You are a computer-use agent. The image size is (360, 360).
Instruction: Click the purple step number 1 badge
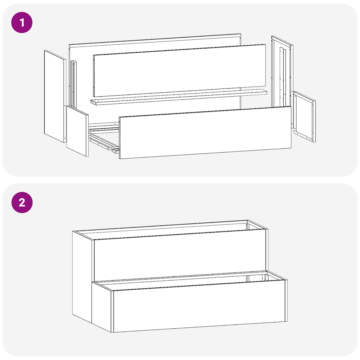coord(22,23)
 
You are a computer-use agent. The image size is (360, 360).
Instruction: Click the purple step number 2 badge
coord(22,202)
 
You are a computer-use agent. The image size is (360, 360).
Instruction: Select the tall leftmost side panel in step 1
coord(54,97)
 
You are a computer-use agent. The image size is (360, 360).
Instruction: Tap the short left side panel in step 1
coord(77,131)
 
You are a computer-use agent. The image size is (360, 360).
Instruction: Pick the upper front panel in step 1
coord(179,70)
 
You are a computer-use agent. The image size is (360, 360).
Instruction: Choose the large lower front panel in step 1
coord(205,133)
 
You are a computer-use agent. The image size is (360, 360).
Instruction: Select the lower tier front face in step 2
coord(199,306)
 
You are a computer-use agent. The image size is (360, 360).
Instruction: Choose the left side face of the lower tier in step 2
coord(102,306)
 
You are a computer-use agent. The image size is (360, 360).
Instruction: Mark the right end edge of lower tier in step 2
coord(286,301)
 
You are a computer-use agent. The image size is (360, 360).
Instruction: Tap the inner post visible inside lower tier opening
coord(248,278)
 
